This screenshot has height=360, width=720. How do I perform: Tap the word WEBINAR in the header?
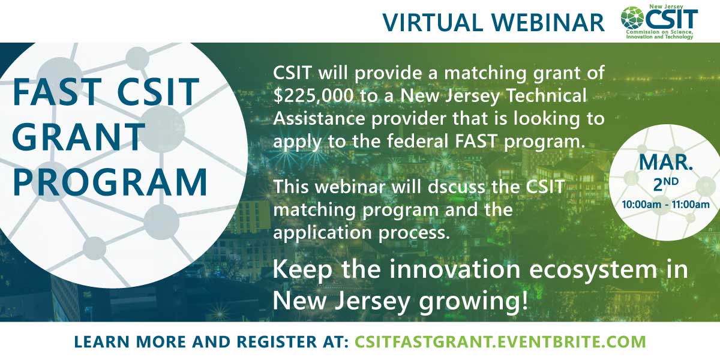tap(548, 23)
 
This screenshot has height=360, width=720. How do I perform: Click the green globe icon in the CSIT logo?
tap(632, 18)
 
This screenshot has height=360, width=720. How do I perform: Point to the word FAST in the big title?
tap(57, 92)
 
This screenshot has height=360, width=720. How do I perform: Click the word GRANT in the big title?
tap(79, 137)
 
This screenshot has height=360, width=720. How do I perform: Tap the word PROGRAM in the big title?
tap(110, 182)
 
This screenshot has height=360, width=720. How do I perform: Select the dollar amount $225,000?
tap(313, 95)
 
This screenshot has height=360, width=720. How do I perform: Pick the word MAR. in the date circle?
tap(665, 163)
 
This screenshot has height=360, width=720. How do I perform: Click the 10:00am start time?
tap(641, 205)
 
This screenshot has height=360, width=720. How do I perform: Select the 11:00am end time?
tap(691, 205)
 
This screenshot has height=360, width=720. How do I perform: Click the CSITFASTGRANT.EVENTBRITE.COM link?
tap(500, 341)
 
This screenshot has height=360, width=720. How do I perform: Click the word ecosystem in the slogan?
tap(593, 269)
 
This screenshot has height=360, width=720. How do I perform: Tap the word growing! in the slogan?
tap(473, 301)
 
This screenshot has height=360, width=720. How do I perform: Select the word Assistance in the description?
tap(319, 119)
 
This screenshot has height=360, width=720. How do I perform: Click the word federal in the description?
tap(420, 141)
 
